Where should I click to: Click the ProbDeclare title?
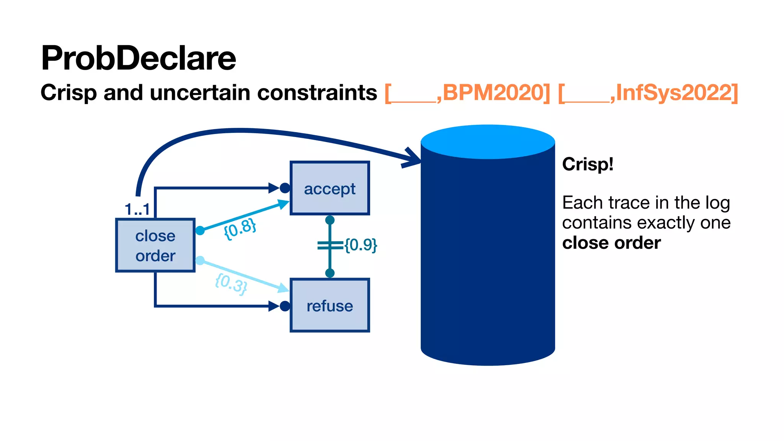tap(138, 58)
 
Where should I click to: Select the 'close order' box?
tap(155, 245)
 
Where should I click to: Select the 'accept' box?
tap(330, 188)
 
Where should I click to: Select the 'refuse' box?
tap(330, 305)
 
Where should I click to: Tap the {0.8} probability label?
tap(240, 229)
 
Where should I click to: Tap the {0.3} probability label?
tap(231, 284)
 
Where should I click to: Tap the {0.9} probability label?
tap(361, 245)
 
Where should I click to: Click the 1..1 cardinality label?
tap(137, 209)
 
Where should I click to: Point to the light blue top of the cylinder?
tap(488, 141)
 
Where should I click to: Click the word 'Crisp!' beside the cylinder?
tap(588, 165)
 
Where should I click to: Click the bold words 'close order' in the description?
tap(611, 243)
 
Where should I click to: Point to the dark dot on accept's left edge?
tap(285, 188)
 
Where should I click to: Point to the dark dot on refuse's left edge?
tap(285, 306)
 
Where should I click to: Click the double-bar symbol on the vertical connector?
tap(330, 245)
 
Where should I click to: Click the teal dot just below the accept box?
tap(330, 220)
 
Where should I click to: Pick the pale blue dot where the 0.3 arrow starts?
tap(200, 261)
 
